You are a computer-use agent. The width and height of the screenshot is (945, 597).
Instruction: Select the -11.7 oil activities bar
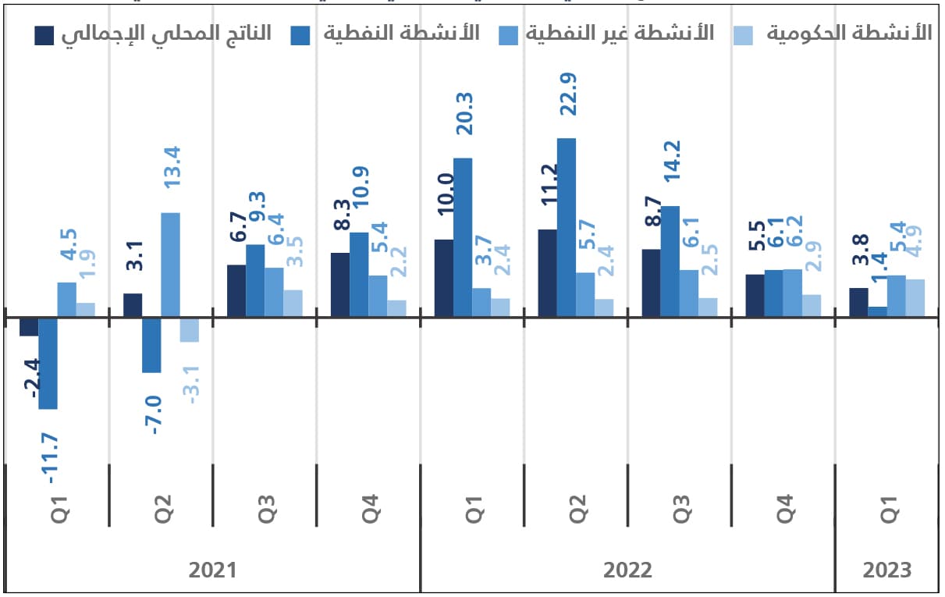48,363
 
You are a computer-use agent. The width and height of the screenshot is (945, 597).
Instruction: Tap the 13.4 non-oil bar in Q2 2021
170,265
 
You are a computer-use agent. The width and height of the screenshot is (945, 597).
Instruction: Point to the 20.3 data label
464,113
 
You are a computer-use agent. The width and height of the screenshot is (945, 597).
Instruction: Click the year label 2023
886,570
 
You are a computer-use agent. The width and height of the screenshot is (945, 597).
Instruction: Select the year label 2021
212,570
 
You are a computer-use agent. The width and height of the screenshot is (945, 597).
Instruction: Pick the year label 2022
627,570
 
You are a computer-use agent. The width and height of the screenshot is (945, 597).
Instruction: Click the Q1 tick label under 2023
887,508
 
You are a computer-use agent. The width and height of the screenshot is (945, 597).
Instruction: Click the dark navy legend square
44,34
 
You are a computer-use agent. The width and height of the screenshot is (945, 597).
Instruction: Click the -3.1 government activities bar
189,329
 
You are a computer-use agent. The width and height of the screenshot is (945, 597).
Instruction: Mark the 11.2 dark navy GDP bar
547,273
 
